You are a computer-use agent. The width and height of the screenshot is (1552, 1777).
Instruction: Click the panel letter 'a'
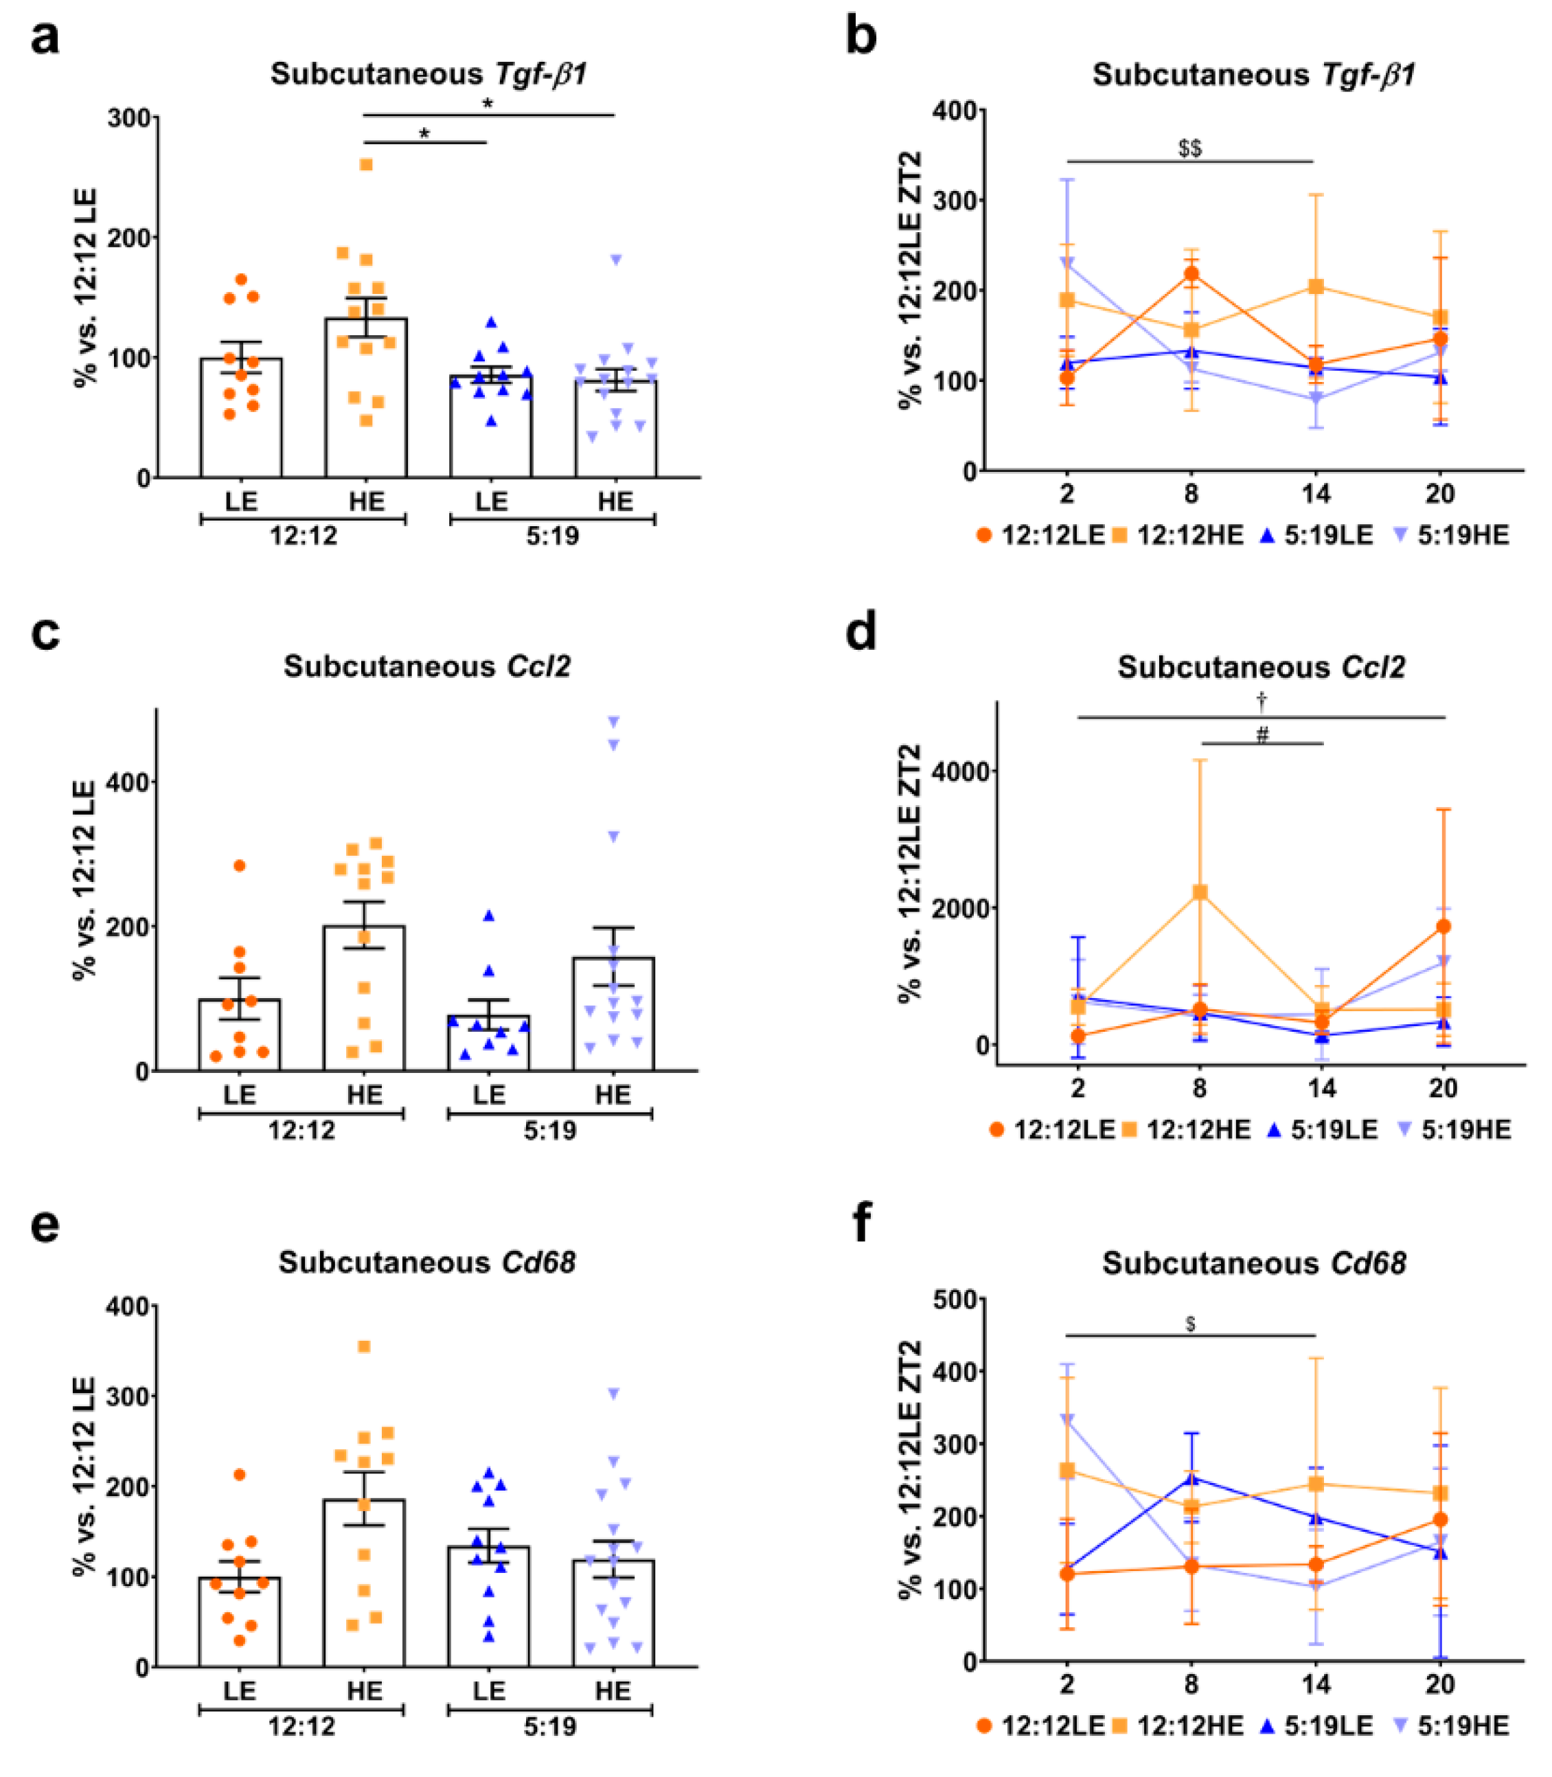(45, 39)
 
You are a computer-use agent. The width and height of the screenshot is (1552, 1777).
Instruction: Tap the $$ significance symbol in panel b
(1190, 148)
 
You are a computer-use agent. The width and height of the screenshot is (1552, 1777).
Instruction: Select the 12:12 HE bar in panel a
(365, 398)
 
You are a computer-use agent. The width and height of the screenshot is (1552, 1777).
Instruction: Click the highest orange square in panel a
(366, 165)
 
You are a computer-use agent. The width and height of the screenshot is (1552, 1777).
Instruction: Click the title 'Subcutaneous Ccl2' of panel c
(427, 666)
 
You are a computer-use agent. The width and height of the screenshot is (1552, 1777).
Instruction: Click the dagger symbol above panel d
(1262, 699)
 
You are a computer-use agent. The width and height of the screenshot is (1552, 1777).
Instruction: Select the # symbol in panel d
(1262, 736)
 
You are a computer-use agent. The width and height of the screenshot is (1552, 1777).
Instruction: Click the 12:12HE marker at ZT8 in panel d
(1200, 892)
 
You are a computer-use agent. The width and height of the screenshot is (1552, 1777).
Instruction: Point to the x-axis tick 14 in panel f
(1316, 1684)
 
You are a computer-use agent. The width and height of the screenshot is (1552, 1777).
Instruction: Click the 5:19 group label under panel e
(550, 1727)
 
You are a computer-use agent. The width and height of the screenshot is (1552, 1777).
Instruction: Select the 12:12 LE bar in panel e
(240, 1621)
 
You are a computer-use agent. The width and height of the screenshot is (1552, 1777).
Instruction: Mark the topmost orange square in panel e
(365, 1346)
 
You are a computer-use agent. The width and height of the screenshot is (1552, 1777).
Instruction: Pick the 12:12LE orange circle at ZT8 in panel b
(1191, 274)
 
